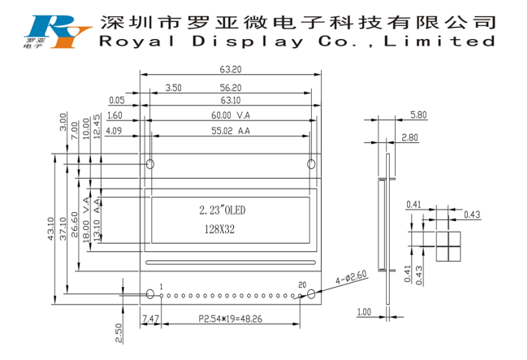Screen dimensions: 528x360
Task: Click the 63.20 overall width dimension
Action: [x=231, y=69]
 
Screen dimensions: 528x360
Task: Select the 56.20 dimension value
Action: [x=231, y=88]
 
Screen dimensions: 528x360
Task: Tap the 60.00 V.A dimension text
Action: [x=231, y=115]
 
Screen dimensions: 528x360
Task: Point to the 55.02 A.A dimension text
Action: [x=231, y=131]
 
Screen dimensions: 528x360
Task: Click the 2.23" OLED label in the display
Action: [x=223, y=210]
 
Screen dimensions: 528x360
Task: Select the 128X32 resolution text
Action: [x=219, y=229]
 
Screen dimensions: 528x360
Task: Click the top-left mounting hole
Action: [x=150, y=164]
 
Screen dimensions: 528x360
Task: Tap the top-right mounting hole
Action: [x=311, y=164]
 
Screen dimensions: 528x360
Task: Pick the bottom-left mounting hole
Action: [x=150, y=294]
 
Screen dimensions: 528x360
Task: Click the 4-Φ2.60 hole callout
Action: [x=351, y=278]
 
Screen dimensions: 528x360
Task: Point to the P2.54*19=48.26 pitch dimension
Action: [x=231, y=319]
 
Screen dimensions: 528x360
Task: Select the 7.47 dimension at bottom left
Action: [x=150, y=319]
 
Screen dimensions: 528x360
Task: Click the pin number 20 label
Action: [x=302, y=285]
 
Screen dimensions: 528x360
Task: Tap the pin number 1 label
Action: [x=162, y=287]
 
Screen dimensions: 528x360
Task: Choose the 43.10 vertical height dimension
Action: [x=51, y=228]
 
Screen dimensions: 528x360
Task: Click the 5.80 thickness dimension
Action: [x=418, y=115]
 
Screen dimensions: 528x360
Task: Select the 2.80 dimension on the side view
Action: [x=409, y=137]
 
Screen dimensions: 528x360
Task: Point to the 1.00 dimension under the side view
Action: [x=364, y=312]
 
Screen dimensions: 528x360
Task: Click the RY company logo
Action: [x=57, y=32]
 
